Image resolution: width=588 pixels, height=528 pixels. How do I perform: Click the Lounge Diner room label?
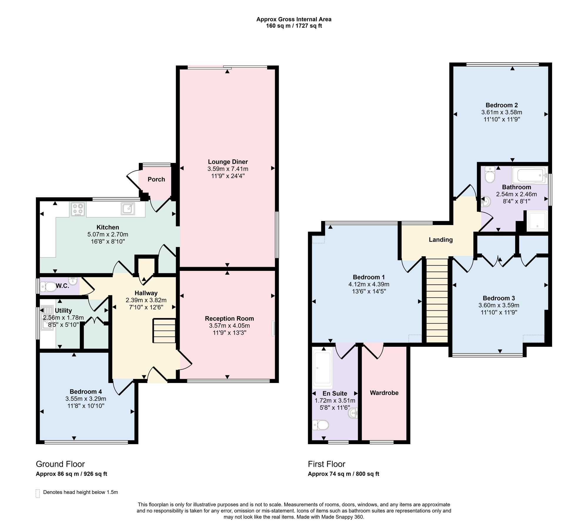click(228, 162)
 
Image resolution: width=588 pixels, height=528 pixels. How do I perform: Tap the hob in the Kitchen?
click(77, 209)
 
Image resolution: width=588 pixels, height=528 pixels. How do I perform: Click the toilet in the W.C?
click(48, 286)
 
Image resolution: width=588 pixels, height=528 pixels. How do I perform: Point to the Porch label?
click(156, 179)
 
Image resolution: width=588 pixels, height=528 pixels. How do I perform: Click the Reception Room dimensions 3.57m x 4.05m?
click(229, 326)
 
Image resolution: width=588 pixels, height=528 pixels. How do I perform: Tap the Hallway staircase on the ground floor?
click(164, 331)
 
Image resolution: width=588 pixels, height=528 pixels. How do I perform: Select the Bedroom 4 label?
click(86, 392)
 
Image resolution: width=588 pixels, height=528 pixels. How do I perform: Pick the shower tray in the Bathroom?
click(537, 221)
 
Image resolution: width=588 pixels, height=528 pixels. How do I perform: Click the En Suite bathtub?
click(323, 368)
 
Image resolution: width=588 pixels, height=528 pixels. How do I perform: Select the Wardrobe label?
click(384, 393)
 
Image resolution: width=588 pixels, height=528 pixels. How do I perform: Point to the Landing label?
click(441, 240)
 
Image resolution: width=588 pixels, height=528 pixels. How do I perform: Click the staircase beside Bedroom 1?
click(437, 300)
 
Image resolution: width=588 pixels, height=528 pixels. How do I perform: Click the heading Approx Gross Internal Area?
click(294, 19)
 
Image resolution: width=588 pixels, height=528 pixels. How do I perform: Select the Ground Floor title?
click(60, 464)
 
